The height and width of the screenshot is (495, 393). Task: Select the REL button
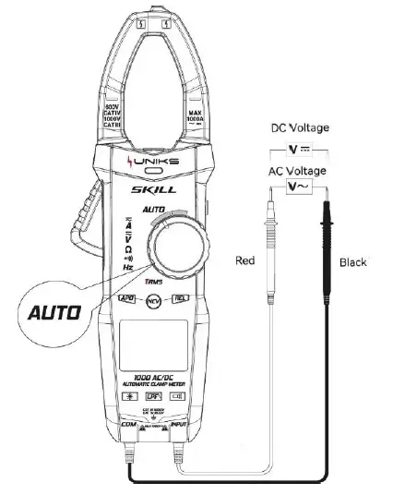coord(181,299)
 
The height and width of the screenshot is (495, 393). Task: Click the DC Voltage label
coord(300,128)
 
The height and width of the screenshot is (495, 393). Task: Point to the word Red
coord(245,261)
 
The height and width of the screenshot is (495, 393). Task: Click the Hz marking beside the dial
coord(128,266)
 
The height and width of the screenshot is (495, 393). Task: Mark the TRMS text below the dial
coord(153,281)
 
